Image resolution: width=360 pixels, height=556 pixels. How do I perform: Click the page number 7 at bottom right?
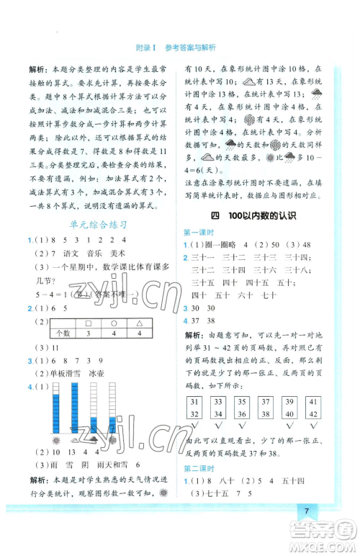[307, 532]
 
